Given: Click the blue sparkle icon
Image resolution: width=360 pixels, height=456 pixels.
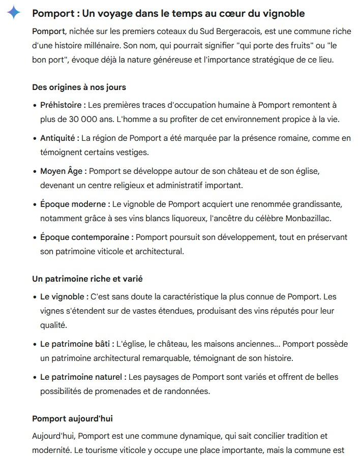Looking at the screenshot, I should [x=14, y=12].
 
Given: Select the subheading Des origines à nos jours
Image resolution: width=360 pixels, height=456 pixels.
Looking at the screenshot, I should [x=79, y=87].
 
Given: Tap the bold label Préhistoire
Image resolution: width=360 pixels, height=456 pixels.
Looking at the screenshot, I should [x=63, y=105].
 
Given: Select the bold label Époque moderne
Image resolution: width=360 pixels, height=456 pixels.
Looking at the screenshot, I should [x=75, y=204].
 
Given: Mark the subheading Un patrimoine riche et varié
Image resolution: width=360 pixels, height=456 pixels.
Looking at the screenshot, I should [x=87, y=279].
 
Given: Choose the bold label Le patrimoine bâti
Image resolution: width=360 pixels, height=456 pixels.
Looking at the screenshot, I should [x=77, y=344].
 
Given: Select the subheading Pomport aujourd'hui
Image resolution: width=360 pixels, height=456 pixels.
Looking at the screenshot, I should [x=72, y=418].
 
